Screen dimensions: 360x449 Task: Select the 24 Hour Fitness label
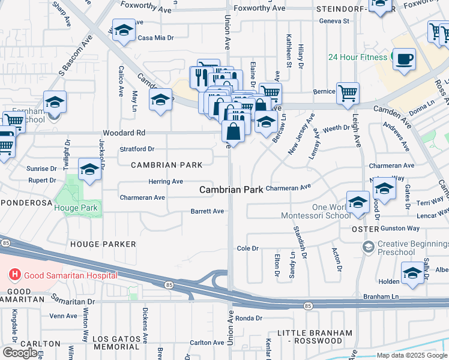358,58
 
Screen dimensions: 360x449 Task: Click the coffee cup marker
403,58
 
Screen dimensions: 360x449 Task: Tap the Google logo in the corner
20,353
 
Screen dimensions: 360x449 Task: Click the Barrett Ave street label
207,211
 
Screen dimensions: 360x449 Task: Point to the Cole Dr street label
247,248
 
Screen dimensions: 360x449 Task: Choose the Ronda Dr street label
246,318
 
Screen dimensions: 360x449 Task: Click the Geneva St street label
334,21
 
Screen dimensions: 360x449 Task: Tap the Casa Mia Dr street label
155,37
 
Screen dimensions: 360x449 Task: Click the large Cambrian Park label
231,190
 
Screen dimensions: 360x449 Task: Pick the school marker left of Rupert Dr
89,170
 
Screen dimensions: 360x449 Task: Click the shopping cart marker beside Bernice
348,93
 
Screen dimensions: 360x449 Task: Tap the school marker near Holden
412,273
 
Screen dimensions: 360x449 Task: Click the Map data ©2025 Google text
412,355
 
